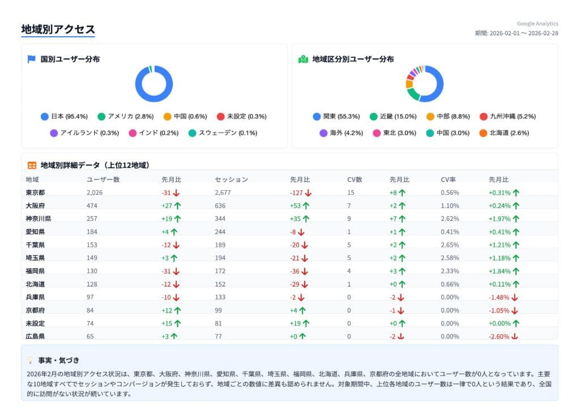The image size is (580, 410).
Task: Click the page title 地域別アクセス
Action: (58, 29)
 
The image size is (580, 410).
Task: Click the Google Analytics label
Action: (537, 24)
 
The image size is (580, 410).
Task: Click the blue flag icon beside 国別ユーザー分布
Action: (32, 59)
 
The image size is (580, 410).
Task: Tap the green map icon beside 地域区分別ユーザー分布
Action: (303, 59)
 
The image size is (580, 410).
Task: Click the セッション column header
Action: (231, 180)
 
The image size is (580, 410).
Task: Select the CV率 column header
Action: (449, 180)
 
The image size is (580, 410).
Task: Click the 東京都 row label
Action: (35, 193)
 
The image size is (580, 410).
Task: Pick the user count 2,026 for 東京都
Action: (95, 193)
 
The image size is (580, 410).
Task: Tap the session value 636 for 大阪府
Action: (220, 206)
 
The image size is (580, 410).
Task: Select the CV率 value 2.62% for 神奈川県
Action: (450, 219)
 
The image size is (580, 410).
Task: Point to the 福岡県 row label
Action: (35, 271)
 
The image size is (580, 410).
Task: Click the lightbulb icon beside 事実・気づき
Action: (31, 360)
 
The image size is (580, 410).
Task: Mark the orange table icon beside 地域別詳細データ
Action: (32, 165)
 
